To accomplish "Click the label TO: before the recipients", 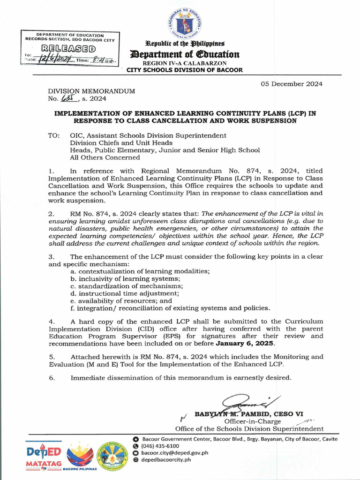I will [x=54, y=135].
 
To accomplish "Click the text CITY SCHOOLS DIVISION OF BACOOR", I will [x=185, y=70].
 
